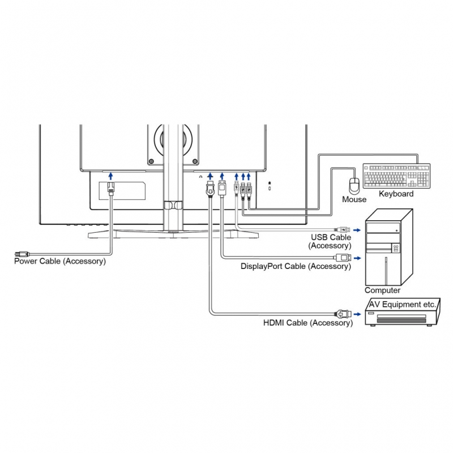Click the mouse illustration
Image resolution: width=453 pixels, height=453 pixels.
pos(354,186)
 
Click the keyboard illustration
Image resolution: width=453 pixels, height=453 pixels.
pos(396,176)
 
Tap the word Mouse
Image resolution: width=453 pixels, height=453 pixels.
pos(354,199)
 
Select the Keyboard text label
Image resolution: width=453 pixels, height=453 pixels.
pos(396,194)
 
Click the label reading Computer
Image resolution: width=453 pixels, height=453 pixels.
pos(382,290)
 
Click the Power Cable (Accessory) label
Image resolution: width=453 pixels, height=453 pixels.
pos(60,261)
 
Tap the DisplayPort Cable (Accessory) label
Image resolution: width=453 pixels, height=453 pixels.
pos(296,267)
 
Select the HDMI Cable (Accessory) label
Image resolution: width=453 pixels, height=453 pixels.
pos(307,323)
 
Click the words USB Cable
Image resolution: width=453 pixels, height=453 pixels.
pos(331,238)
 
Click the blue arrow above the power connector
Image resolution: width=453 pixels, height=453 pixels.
pos(111,176)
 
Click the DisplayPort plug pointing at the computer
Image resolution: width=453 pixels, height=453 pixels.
pos(344,258)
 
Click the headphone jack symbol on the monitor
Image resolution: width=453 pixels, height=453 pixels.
pos(201,177)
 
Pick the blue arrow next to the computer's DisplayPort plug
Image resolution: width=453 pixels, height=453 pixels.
pos(358,258)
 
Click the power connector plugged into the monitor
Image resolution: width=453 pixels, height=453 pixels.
pos(111,189)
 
